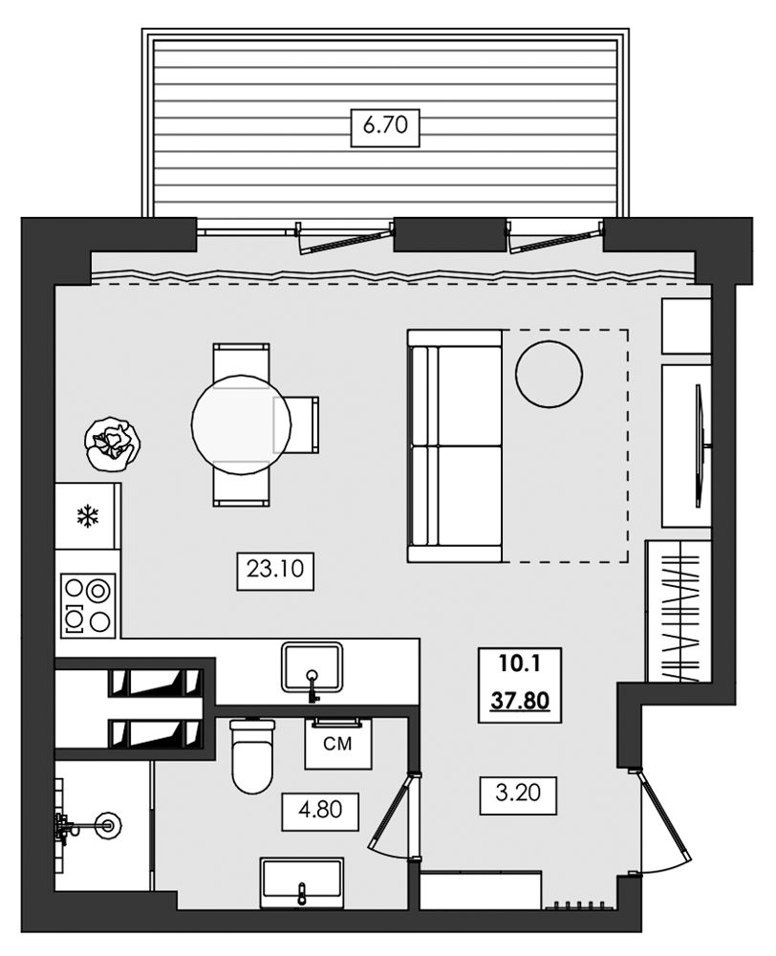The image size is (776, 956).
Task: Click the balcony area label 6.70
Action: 384,126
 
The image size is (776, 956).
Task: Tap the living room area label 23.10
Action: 275,570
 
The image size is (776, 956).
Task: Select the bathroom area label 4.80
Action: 320,811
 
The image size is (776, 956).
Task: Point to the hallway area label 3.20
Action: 518,794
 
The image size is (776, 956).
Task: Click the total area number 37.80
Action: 520,701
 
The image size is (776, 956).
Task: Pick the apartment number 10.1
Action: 519,663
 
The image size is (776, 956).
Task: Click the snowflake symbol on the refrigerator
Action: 88,516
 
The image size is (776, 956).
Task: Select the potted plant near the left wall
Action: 114,443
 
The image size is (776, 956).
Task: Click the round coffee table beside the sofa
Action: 549,374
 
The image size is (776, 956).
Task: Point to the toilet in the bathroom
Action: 253,756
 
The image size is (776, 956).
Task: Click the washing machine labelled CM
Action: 338,743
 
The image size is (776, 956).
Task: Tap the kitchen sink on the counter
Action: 313,668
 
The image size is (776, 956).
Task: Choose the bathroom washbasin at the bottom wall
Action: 302,882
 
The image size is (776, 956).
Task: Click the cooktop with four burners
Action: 88,605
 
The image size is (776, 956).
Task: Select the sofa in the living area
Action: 455,445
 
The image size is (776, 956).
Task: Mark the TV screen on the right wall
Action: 701,445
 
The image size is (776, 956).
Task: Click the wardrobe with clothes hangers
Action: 679,611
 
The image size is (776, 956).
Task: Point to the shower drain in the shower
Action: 109,826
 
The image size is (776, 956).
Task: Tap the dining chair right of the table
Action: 296,424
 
